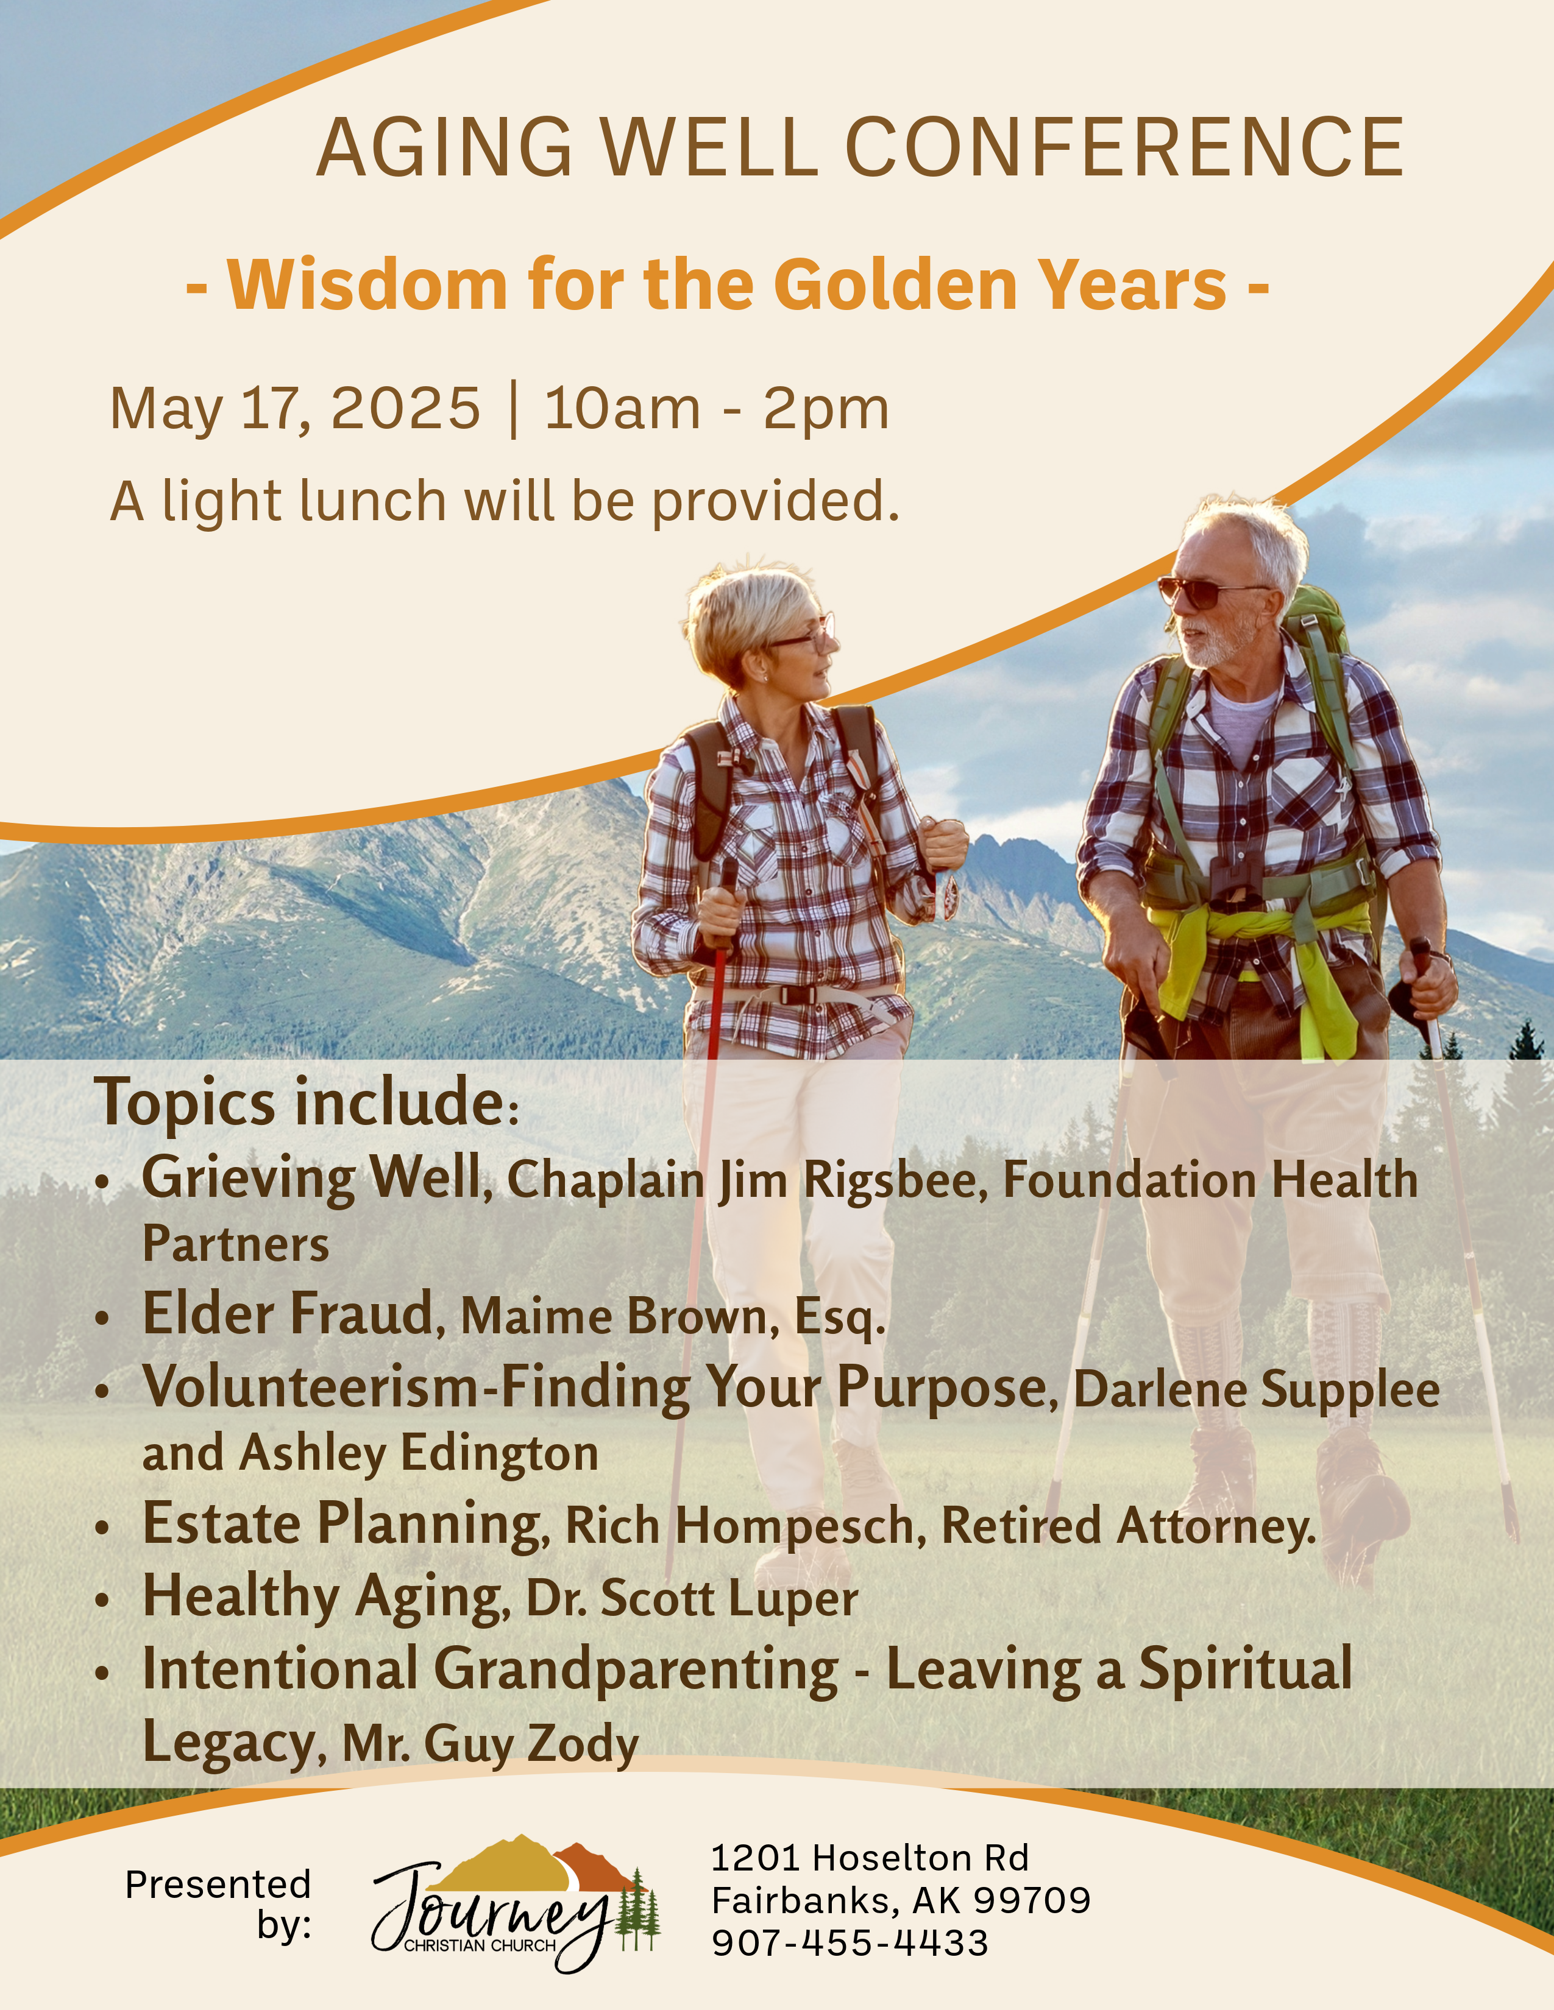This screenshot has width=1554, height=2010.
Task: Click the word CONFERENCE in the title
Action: [1124, 147]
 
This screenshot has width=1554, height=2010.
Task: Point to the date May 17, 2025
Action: [294, 409]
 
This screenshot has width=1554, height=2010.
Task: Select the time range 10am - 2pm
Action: [716, 409]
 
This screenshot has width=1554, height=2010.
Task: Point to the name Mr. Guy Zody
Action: [491, 1743]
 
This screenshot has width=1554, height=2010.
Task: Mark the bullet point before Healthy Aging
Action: [103, 1601]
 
